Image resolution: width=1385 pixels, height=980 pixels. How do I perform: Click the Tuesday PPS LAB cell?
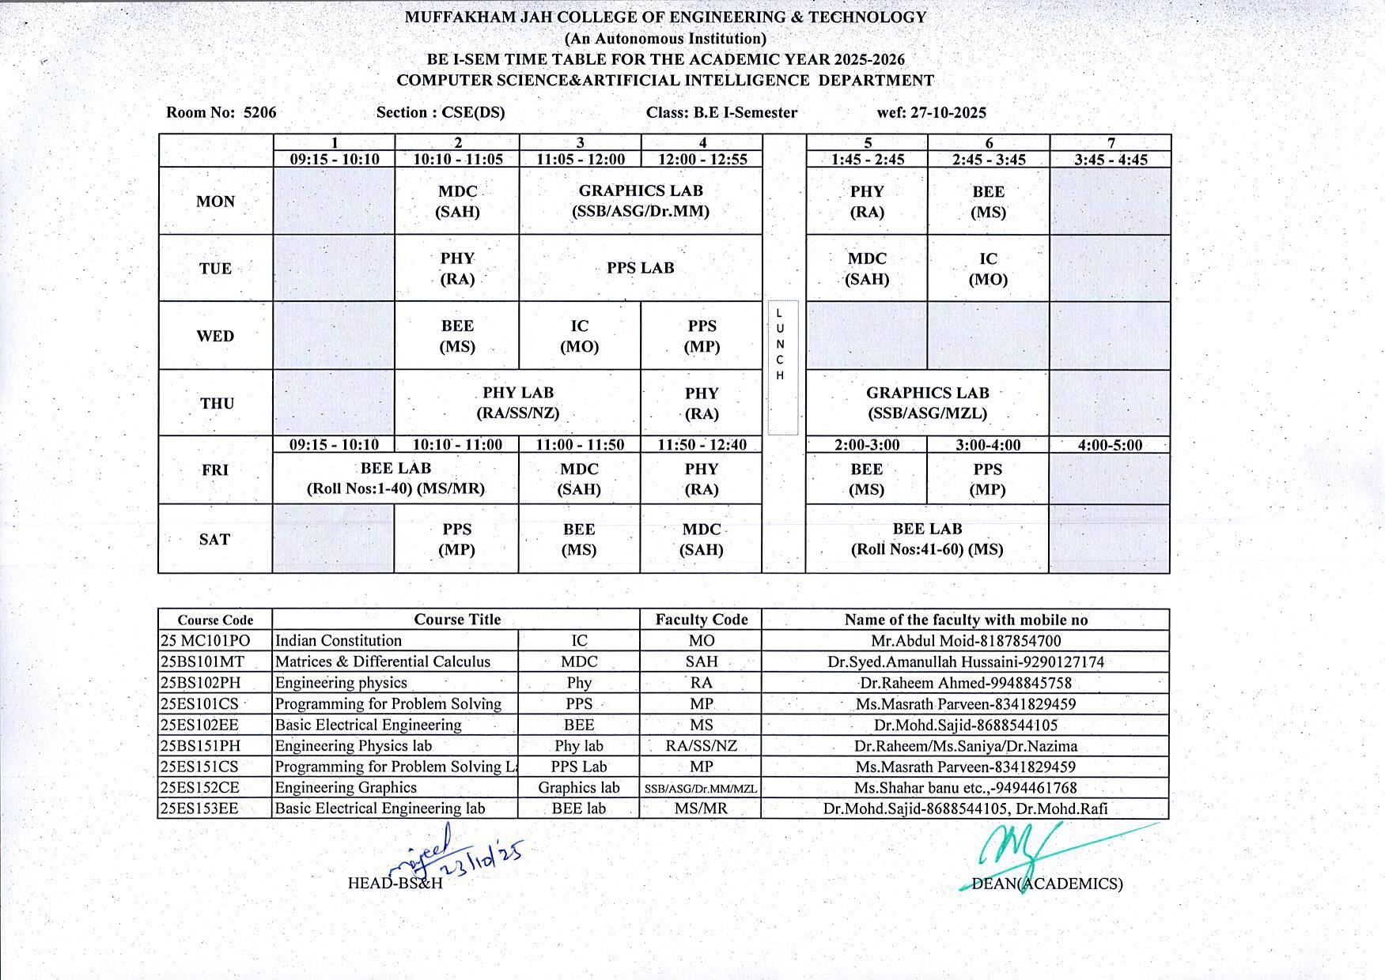point(641,268)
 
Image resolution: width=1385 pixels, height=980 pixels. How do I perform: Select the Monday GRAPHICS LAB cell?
point(641,201)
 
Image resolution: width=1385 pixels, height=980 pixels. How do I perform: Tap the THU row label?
point(217,404)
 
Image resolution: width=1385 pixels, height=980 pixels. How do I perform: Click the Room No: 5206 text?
point(221,112)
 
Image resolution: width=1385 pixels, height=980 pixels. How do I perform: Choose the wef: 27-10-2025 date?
point(931,112)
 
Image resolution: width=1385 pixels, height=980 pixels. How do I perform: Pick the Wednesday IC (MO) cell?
point(579,336)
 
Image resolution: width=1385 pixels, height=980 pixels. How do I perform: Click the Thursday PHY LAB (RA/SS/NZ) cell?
point(518,403)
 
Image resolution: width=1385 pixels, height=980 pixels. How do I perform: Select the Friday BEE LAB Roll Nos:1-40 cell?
point(395,478)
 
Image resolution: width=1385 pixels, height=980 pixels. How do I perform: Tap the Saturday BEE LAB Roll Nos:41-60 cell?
point(927,539)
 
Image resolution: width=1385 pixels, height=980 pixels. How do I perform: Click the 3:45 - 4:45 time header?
point(1111,160)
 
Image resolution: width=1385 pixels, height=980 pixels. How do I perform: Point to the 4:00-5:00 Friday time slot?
point(1110,445)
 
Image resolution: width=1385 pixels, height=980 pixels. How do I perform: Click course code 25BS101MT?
point(202,661)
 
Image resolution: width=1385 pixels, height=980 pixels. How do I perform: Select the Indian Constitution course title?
point(339,641)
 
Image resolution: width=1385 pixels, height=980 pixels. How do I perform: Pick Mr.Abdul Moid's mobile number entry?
point(965,641)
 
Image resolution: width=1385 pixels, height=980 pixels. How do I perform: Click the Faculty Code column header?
point(701,620)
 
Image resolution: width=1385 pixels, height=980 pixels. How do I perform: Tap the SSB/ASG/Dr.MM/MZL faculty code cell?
point(701,788)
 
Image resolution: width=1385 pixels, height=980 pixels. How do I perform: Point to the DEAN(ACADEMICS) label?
point(1046,884)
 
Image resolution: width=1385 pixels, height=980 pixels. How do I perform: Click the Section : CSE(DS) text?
point(441,112)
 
